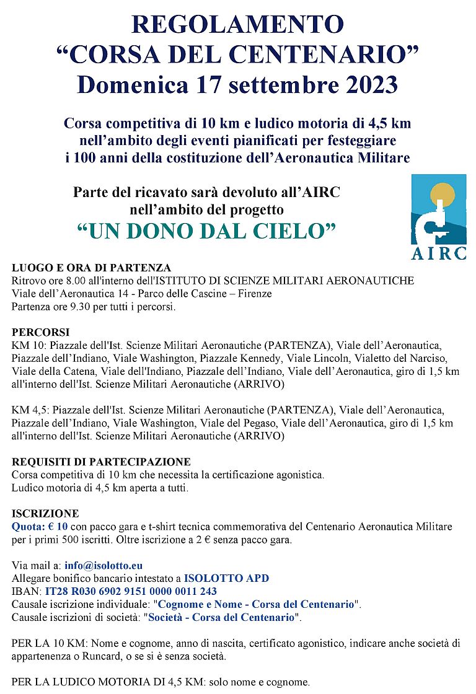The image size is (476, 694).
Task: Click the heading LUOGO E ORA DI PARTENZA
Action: point(91,268)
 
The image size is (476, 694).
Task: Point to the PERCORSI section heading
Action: point(41,332)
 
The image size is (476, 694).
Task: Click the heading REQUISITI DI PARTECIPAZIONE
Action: point(101,462)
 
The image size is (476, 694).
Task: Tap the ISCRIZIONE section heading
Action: point(45,514)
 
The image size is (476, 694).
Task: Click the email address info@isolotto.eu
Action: point(104,566)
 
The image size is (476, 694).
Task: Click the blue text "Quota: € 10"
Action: point(40,527)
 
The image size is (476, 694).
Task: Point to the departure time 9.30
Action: point(73,307)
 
